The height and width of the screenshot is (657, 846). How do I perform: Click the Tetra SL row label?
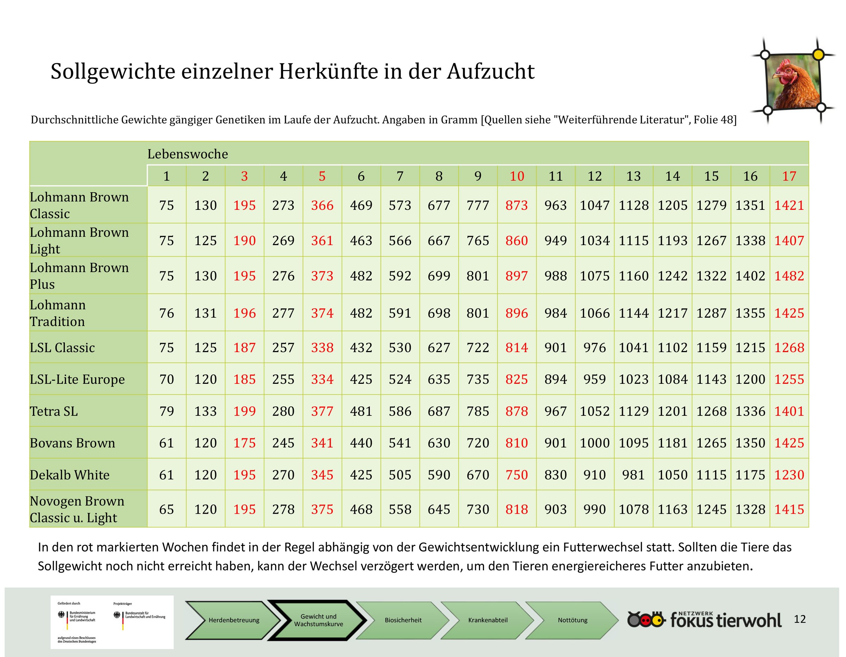[x=54, y=411]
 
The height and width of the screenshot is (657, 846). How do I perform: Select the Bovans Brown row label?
[x=72, y=443]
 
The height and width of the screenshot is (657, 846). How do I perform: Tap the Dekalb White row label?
[x=70, y=475]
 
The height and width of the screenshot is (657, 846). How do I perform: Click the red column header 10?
[x=517, y=176]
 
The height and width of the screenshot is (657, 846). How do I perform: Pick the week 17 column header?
[x=789, y=176]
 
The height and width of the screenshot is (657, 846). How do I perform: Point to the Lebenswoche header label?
[x=188, y=154]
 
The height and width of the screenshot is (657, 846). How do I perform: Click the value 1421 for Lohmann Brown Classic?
[x=789, y=205]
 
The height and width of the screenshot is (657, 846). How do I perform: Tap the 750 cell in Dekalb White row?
[x=517, y=475]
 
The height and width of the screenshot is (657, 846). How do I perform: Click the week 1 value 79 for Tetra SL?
[x=167, y=411]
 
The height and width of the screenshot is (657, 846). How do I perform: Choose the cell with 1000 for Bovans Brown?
[x=595, y=443]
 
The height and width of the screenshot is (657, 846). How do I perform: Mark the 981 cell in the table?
[x=633, y=475]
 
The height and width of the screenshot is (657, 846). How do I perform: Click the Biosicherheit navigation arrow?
[x=403, y=620]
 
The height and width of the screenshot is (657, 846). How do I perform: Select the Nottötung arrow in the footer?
[x=572, y=620]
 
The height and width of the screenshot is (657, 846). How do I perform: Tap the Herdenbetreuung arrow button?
[x=234, y=620]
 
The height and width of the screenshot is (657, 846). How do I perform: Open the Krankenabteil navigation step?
[x=488, y=620]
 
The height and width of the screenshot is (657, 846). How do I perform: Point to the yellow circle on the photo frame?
[x=818, y=55]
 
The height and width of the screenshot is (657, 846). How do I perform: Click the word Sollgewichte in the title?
[x=113, y=72]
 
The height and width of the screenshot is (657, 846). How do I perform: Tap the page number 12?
[x=799, y=619]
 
